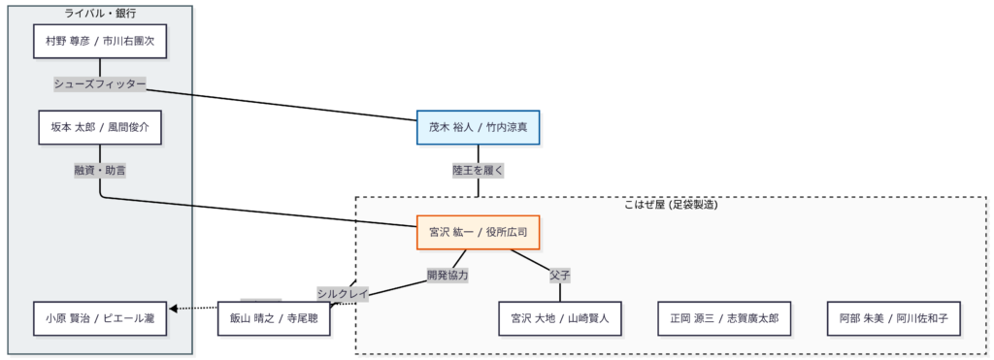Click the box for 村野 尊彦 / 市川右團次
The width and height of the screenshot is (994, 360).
point(100,43)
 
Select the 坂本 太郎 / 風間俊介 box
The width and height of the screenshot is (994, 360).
point(100,127)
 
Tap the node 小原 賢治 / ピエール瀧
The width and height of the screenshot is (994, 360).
point(100,317)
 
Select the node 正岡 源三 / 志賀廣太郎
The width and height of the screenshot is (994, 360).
point(723,317)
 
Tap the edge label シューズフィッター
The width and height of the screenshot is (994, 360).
point(100,84)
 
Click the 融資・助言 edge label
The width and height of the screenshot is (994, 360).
point(100,170)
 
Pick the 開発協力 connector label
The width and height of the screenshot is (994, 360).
point(447,275)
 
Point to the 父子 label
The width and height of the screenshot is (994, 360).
point(559,275)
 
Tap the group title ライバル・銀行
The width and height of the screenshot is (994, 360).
point(100,14)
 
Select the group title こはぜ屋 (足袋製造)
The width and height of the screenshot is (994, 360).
point(670,205)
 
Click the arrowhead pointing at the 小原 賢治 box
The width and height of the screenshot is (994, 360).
point(174,310)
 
